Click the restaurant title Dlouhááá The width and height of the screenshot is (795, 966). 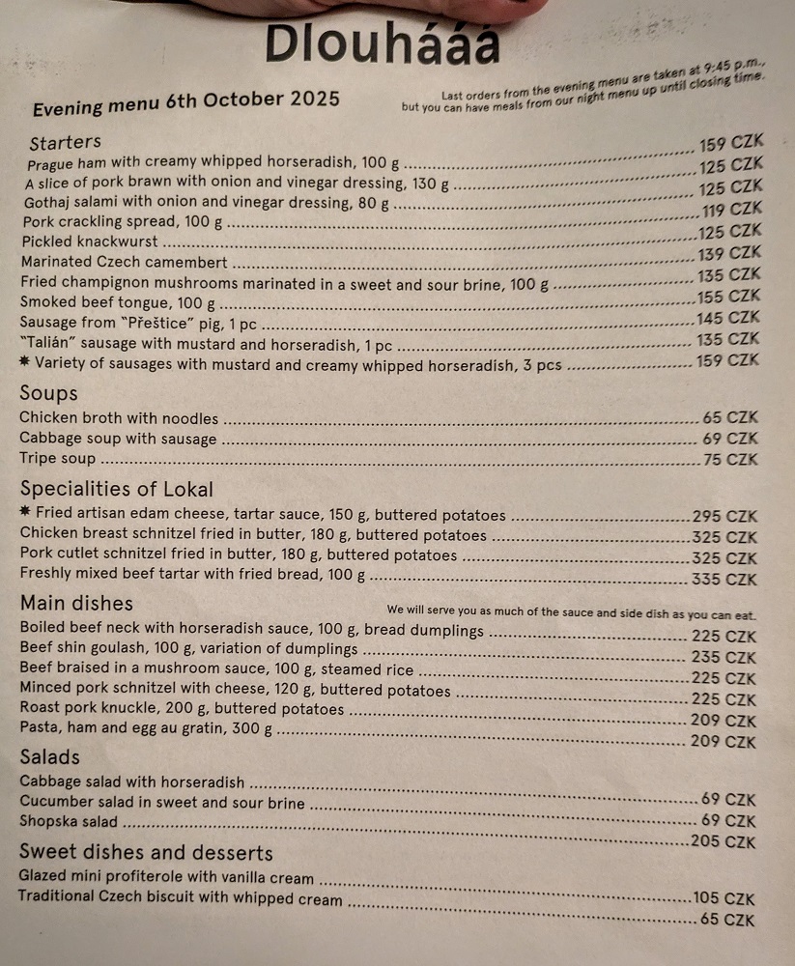tap(383, 43)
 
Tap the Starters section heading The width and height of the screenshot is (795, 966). tap(65, 143)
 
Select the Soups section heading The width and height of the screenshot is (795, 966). tap(48, 393)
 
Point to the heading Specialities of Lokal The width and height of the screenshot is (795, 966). tap(116, 489)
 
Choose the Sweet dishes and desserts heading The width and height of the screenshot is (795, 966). tap(146, 853)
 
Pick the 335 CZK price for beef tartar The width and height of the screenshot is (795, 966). tap(724, 580)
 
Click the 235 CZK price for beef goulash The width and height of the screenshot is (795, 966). tap(724, 658)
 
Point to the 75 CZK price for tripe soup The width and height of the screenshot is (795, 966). tap(730, 460)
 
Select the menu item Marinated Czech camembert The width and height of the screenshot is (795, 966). tap(124, 262)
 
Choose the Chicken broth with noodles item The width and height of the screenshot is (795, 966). tap(119, 418)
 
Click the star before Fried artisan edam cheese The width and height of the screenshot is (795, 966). tap(26, 513)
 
